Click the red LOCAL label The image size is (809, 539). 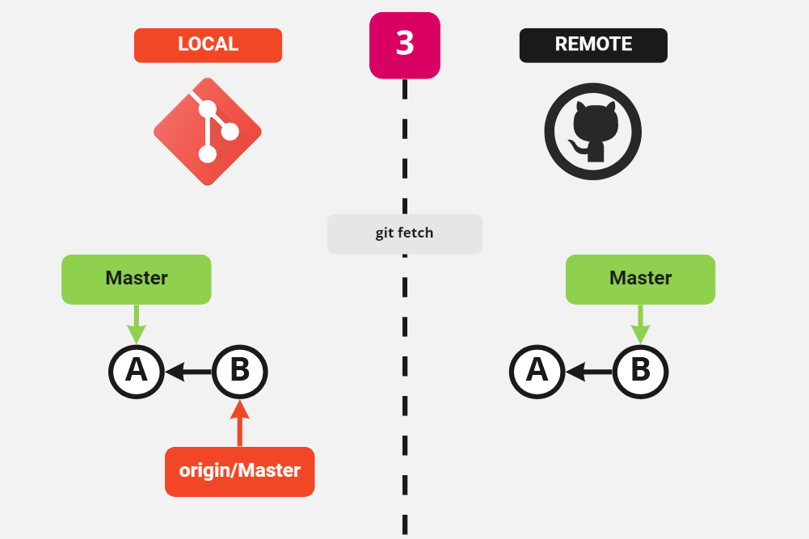208,45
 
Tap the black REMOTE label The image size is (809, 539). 593,45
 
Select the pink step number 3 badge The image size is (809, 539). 405,45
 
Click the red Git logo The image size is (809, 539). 208,132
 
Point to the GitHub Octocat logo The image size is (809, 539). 593,132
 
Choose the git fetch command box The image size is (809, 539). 404,234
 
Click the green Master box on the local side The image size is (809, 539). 137,280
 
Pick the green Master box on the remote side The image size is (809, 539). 640,280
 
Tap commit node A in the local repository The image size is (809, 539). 137,371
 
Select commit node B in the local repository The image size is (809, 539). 239,371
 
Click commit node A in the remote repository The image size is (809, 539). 537,371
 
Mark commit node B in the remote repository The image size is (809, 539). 640,371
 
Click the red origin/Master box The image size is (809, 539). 239,471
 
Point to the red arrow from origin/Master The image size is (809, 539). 239,424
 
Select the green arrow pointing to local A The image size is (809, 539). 137,324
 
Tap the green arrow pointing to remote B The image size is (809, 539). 640,324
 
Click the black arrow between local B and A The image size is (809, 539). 188,372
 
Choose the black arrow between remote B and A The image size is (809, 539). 588,372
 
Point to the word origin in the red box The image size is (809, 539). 204,471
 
